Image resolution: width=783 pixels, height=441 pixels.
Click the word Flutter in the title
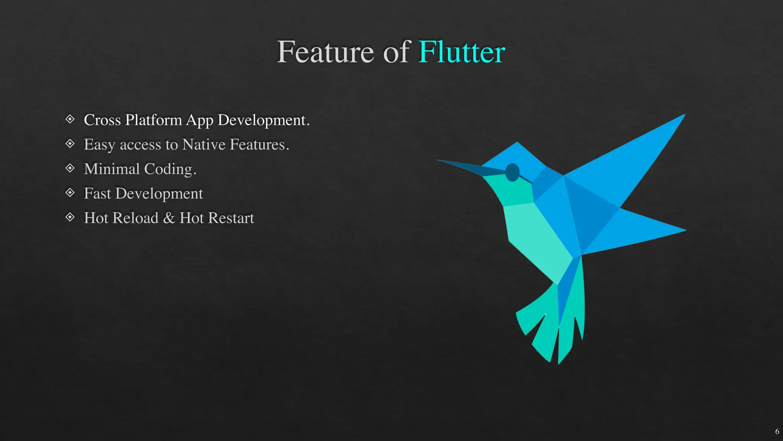pyautogui.click(x=461, y=52)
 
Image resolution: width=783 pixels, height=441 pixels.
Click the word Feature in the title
pyautogui.click(x=325, y=52)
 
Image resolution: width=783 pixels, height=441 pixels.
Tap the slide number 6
pyautogui.click(x=777, y=431)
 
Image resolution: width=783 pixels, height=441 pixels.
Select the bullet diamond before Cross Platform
pyautogui.click(x=70, y=119)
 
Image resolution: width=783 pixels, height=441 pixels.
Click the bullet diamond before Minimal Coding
pyautogui.click(x=70, y=168)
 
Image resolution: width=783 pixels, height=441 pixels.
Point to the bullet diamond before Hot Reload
pyautogui.click(x=70, y=217)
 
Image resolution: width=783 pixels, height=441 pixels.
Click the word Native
pyautogui.click(x=204, y=145)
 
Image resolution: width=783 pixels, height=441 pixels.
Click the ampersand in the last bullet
pyautogui.click(x=169, y=218)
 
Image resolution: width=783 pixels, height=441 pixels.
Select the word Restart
pyautogui.click(x=231, y=218)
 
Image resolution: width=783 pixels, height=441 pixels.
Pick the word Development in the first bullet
pyautogui.click(x=263, y=120)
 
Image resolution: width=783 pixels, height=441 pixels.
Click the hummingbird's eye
pyautogui.click(x=512, y=172)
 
